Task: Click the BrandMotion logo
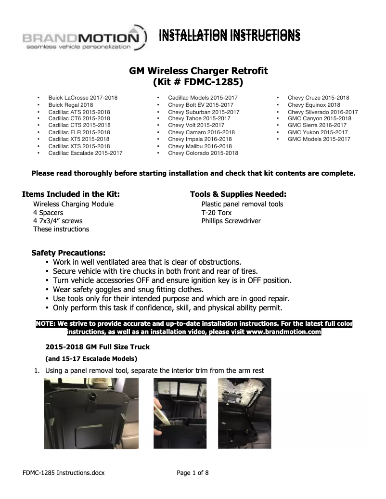click(x=82, y=38)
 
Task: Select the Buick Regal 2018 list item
click(x=71, y=104)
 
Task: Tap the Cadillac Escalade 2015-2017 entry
click(x=85, y=153)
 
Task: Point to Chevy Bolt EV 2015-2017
click(x=201, y=104)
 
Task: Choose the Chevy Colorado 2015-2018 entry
click(x=203, y=153)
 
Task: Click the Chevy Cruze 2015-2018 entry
click(x=318, y=98)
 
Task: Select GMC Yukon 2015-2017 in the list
click(x=317, y=132)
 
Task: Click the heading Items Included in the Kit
click(x=71, y=194)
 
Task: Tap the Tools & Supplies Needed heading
click(x=238, y=194)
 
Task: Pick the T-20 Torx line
click(x=216, y=213)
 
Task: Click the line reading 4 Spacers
click(x=48, y=213)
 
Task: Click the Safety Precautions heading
click(x=68, y=253)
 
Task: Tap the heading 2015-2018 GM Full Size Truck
click(x=98, y=347)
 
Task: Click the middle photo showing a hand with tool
click(x=180, y=413)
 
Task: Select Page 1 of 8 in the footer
click(x=193, y=473)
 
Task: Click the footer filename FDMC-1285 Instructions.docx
click(x=64, y=473)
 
